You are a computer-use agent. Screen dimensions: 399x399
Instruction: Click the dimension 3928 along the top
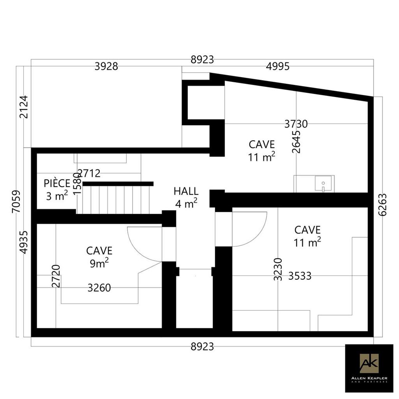coord(106,66)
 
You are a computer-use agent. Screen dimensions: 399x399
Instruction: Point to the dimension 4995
coord(277,66)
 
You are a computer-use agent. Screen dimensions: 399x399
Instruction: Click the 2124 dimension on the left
coord(24,107)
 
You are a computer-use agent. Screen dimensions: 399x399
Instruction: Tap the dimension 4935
coord(24,242)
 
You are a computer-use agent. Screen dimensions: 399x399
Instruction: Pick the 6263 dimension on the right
coord(382,205)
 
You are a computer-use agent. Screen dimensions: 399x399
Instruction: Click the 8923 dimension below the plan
coord(202,346)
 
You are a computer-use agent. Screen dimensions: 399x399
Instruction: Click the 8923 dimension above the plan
coord(202,60)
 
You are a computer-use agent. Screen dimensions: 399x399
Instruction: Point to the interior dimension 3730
coord(296,124)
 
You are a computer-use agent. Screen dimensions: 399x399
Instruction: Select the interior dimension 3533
coord(300,276)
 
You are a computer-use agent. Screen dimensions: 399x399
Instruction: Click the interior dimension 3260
coord(99,288)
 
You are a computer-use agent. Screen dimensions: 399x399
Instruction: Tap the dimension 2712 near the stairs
coord(89,173)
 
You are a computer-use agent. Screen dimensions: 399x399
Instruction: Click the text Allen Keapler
coord(369,378)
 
